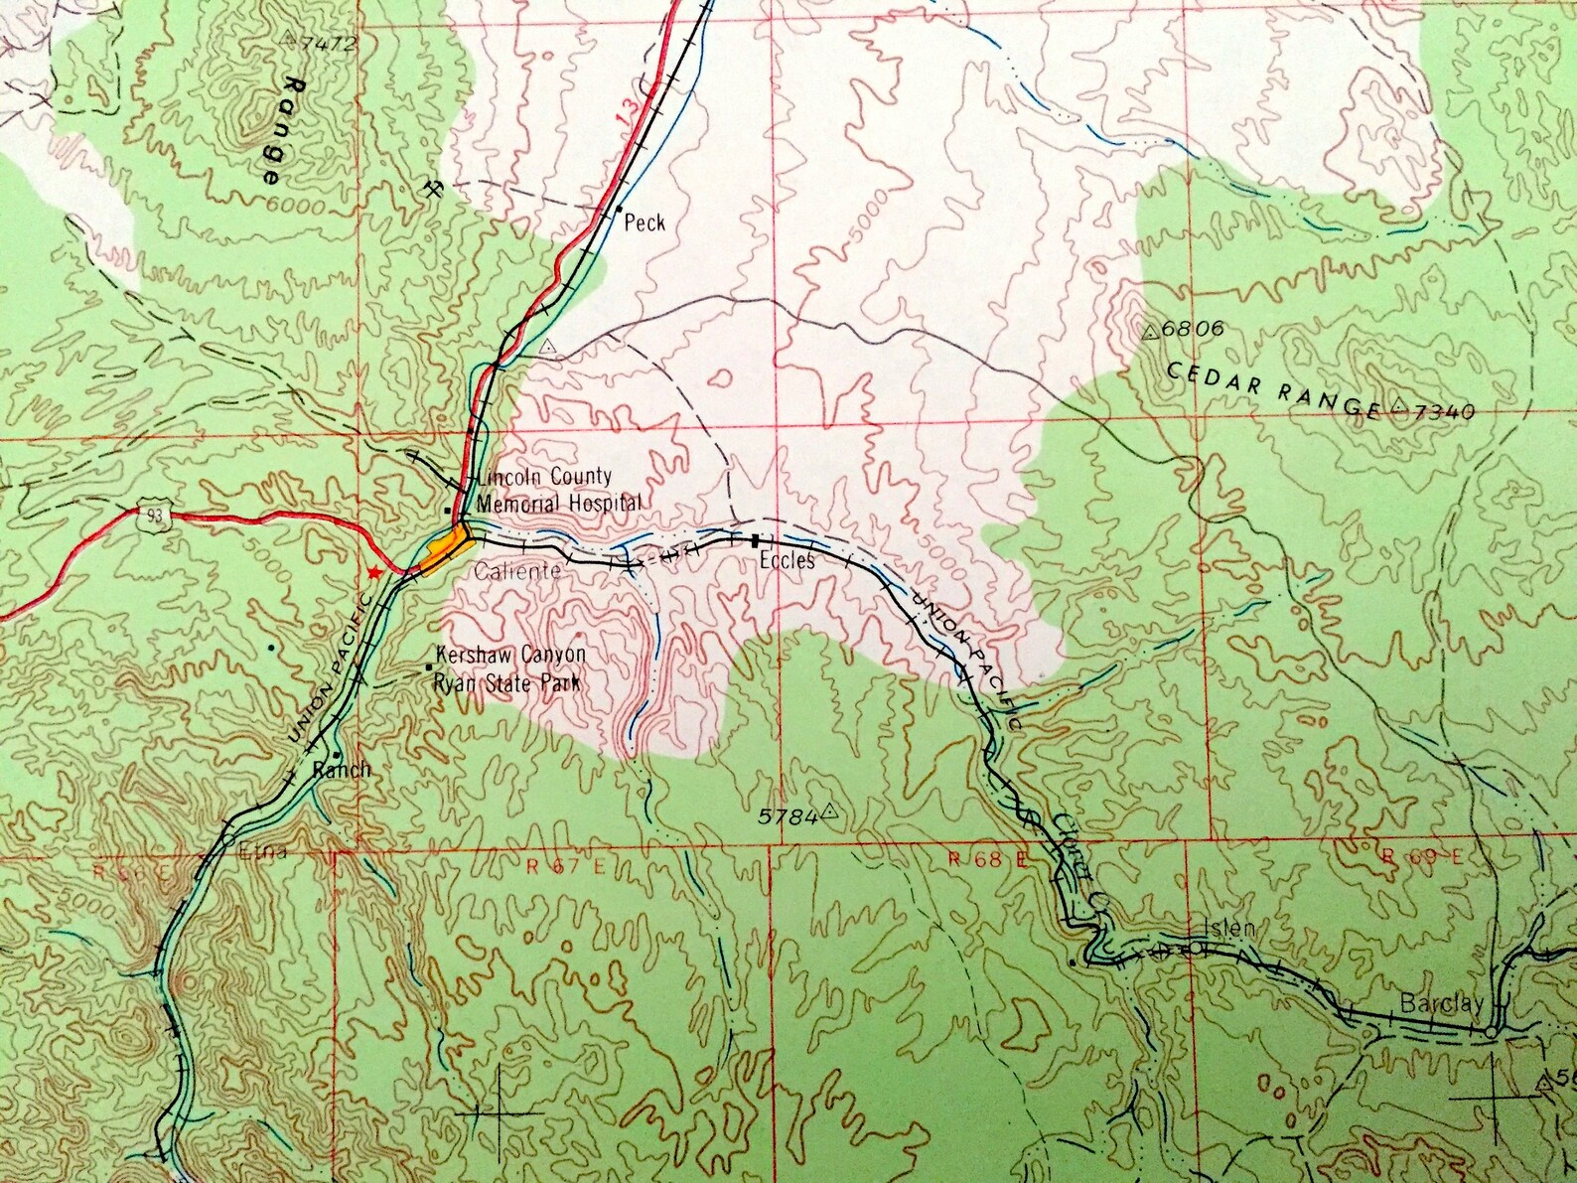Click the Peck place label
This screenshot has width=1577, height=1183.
click(645, 223)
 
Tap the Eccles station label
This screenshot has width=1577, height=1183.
click(788, 561)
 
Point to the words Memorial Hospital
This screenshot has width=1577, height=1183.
click(559, 504)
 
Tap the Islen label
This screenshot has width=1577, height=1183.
click(1229, 930)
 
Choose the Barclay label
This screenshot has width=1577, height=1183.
click(1441, 1003)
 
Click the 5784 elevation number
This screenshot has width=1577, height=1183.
click(788, 816)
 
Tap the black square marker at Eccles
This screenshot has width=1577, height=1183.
click(756, 540)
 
